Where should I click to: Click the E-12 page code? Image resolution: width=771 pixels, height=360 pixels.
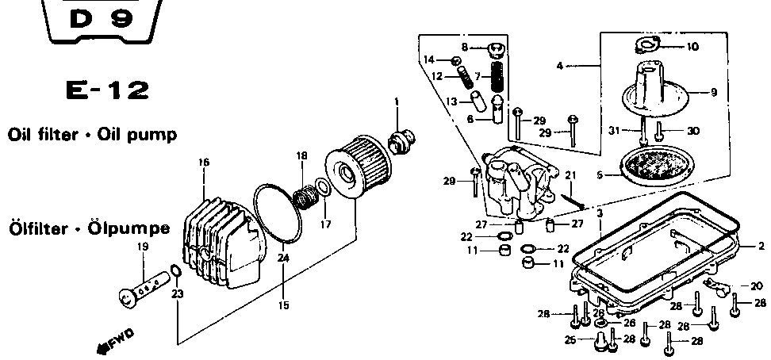[x=108, y=91]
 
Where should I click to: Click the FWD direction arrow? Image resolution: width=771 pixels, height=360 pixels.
[x=116, y=341]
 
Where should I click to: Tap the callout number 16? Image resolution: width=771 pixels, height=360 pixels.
[x=204, y=162]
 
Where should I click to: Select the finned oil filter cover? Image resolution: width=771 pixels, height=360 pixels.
[x=224, y=243]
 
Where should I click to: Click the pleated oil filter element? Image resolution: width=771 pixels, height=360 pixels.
[x=358, y=167]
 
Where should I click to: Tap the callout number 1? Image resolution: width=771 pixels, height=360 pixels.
[x=397, y=102]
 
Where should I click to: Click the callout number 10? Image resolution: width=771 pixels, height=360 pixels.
[x=692, y=48]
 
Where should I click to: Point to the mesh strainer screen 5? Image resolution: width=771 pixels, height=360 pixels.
[x=658, y=167]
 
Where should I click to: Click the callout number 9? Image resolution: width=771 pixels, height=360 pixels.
[x=714, y=92]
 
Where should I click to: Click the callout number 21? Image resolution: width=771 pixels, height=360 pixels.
[x=570, y=175]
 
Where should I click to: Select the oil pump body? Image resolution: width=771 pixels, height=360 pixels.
[x=520, y=182]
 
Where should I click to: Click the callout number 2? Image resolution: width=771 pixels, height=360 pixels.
[x=761, y=246]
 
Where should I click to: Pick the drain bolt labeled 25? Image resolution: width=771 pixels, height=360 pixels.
[x=600, y=341]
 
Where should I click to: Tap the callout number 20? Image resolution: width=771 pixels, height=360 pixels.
[x=757, y=286]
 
